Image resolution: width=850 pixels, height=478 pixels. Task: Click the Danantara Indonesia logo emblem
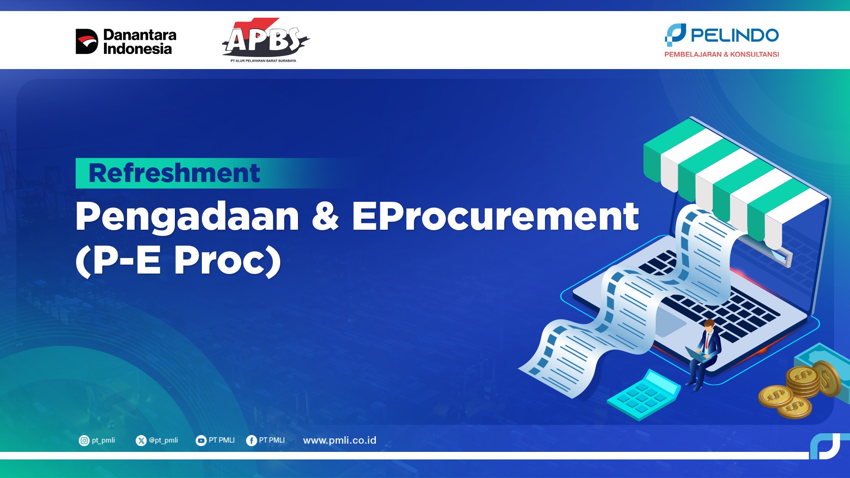(x=87, y=42)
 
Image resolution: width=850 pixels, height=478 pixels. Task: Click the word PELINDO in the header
(x=735, y=35)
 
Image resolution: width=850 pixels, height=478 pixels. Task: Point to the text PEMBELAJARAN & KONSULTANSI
(x=722, y=54)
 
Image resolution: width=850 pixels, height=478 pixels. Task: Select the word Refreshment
(x=174, y=173)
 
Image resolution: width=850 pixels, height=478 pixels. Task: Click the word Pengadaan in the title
(x=187, y=217)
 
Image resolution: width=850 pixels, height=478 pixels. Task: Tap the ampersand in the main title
(x=325, y=216)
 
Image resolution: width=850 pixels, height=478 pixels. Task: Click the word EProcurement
(x=495, y=216)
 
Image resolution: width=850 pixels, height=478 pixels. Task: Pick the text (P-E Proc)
(x=178, y=261)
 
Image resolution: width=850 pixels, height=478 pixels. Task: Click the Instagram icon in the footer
(x=84, y=440)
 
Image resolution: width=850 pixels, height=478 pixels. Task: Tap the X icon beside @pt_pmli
(x=141, y=440)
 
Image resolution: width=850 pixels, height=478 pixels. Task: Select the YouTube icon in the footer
(x=201, y=440)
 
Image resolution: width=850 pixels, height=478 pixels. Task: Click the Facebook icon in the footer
(x=251, y=440)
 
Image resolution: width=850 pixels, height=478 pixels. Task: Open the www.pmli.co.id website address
(x=340, y=440)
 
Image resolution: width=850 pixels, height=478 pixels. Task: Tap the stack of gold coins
(x=801, y=389)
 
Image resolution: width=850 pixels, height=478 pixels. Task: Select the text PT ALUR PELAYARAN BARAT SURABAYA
(x=263, y=61)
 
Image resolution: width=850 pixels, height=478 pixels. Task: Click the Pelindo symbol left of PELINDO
(x=675, y=35)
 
